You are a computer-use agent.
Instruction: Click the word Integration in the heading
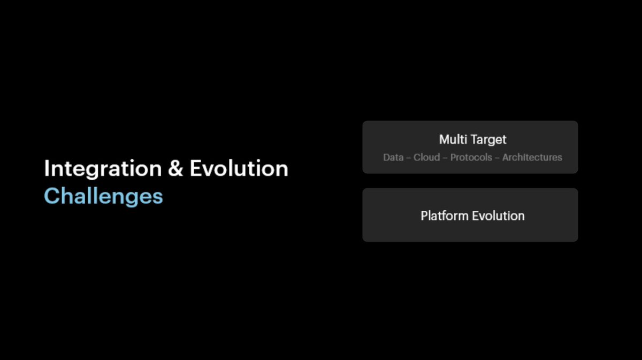[x=102, y=169]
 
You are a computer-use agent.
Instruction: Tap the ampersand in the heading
[x=175, y=169]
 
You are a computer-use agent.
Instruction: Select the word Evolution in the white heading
[x=239, y=169]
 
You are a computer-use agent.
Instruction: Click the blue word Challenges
[x=103, y=196]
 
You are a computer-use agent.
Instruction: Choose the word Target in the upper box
[x=488, y=140]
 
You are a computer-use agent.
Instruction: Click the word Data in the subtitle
[x=393, y=157]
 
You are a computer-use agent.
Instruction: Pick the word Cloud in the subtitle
[x=426, y=157]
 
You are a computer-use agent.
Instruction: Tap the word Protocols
[x=471, y=157]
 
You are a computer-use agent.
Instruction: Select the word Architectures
[x=532, y=157]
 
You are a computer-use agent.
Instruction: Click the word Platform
[x=445, y=216]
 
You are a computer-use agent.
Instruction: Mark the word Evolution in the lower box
[x=498, y=216]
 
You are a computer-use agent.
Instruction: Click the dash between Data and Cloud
[x=408, y=158]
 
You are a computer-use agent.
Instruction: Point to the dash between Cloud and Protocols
[x=445, y=158]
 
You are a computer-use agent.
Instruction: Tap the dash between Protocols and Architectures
[x=497, y=158]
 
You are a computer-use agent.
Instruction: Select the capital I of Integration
[x=47, y=169]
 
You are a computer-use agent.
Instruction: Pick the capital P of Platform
[x=424, y=216]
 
